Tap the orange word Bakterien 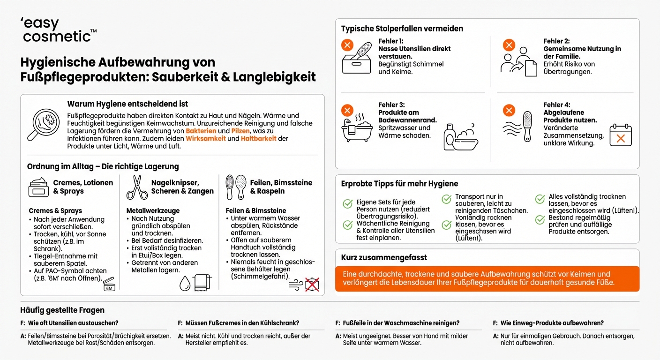(x=201, y=131)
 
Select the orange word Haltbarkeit (x=258, y=139)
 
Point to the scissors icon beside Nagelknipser (x=137, y=187)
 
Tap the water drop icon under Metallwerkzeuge (x=185, y=283)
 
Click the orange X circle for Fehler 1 (x=347, y=45)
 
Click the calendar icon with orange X (x=620, y=135)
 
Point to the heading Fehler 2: (x=556, y=41)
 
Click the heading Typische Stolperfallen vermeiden (x=402, y=29)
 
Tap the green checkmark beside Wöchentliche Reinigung (x=347, y=225)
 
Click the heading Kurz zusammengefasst (x=384, y=257)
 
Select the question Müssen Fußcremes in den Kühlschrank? (x=242, y=323)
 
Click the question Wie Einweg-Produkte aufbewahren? (x=552, y=323)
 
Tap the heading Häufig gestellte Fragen (x=62, y=310)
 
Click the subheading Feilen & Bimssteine (x=256, y=211)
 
